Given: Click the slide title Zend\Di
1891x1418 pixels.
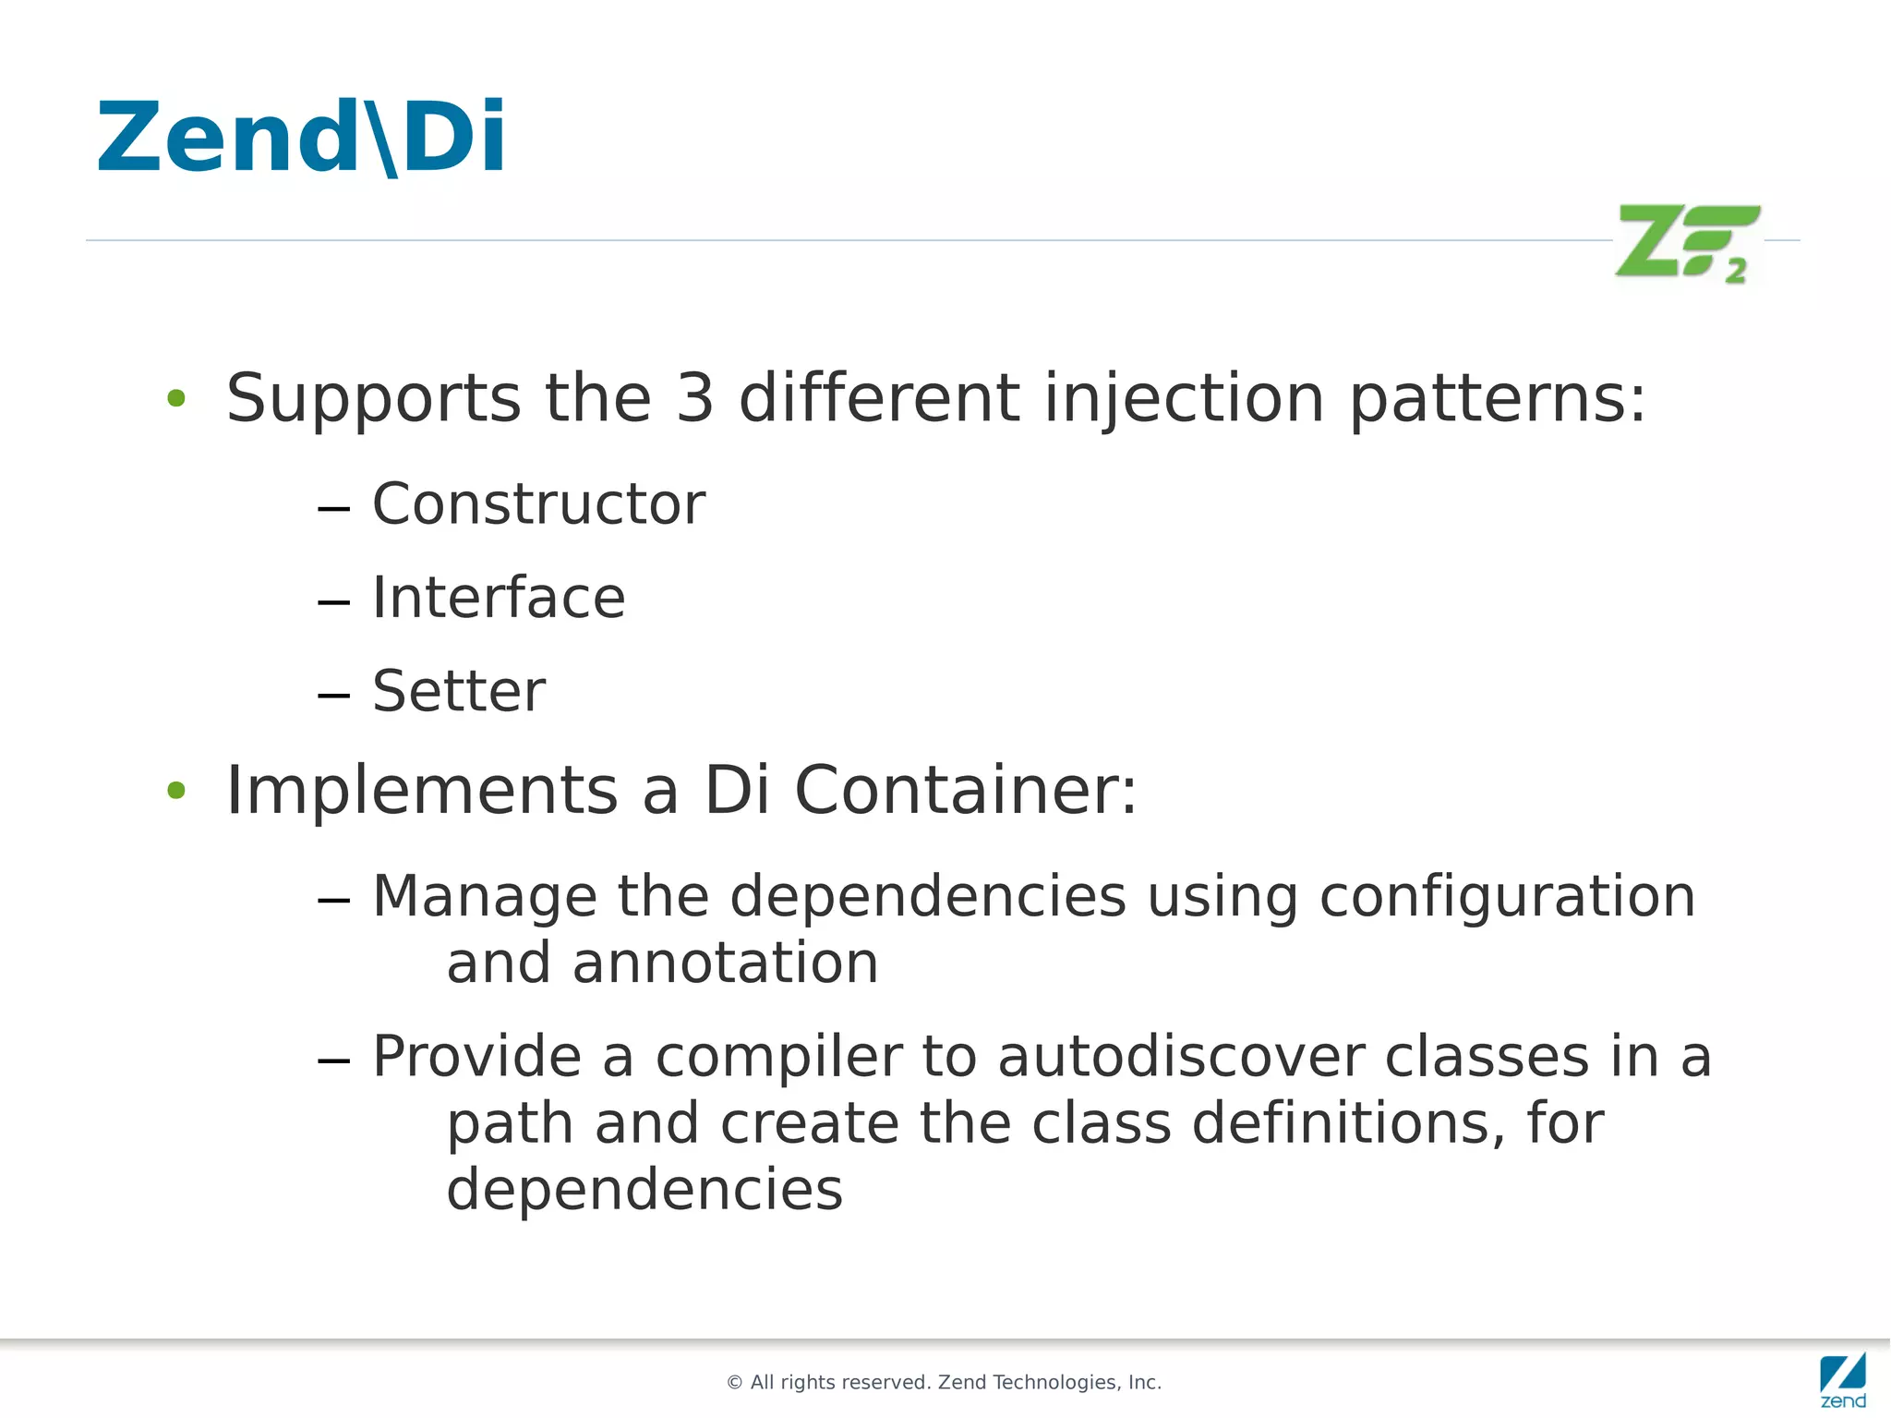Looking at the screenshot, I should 301,137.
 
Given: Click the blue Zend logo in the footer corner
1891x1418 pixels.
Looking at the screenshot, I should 1842,1378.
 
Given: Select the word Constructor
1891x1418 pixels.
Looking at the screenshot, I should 538,504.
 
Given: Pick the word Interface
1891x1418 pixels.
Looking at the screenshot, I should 499,598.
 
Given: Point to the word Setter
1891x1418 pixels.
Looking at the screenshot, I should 459,691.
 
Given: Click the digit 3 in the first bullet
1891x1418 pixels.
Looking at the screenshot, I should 695,398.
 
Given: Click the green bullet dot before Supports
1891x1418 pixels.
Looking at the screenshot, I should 176,399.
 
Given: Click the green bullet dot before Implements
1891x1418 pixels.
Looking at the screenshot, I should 176,791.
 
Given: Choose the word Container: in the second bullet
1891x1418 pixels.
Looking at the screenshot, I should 966,791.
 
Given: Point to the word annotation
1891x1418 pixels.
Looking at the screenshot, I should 725,963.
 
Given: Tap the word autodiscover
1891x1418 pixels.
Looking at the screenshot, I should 1181,1056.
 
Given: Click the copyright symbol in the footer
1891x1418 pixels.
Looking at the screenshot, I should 735,1383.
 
